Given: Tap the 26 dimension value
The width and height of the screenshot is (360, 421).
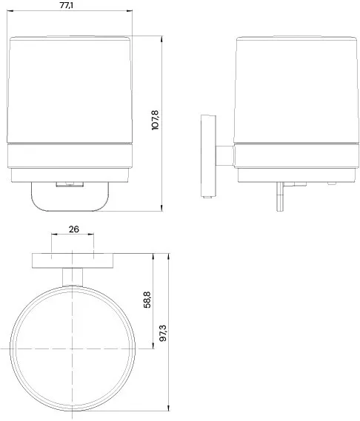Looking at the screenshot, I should tap(73, 230).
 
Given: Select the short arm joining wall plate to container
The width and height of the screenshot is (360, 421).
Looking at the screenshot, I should tap(223, 156).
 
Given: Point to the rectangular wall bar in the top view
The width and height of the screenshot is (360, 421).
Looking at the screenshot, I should tap(73, 260).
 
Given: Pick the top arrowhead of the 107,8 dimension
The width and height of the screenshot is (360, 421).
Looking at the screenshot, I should tap(162, 34).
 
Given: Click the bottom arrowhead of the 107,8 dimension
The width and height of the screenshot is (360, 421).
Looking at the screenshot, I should tap(162, 209).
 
